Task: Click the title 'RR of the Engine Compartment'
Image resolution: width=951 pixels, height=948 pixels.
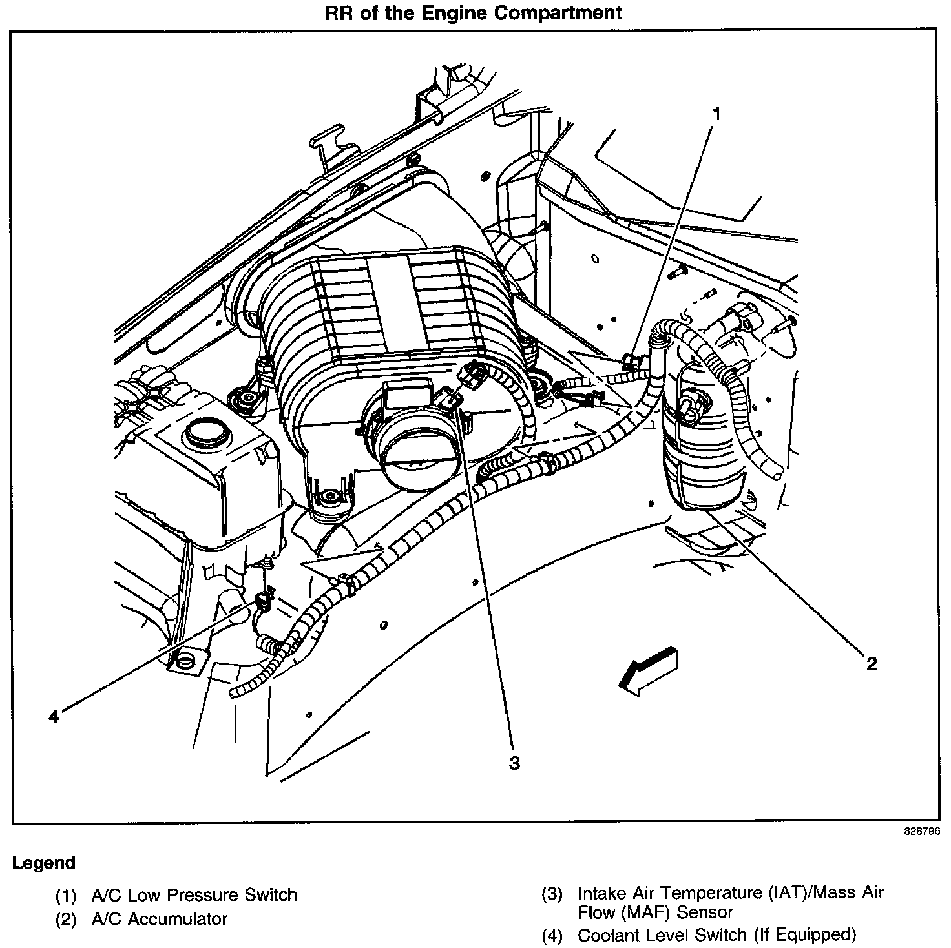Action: [x=474, y=12]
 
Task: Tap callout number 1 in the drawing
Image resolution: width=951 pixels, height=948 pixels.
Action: [x=716, y=114]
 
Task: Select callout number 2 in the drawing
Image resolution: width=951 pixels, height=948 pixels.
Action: [x=872, y=663]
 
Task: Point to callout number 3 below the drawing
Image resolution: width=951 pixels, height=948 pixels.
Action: [x=514, y=763]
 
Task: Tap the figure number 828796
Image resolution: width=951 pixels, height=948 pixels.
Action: [x=921, y=832]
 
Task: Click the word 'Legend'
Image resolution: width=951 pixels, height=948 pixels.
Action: [x=44, y=863]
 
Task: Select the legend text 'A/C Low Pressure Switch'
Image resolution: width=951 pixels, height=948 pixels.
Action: [x=194, y=895]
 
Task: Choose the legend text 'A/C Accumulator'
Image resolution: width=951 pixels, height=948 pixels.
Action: [x=160, y=918]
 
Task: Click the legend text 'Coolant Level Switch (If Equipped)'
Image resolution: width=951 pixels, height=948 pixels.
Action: [x=716, y=935]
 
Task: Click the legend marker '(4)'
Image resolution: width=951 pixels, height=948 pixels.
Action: [x=552, y=935]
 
